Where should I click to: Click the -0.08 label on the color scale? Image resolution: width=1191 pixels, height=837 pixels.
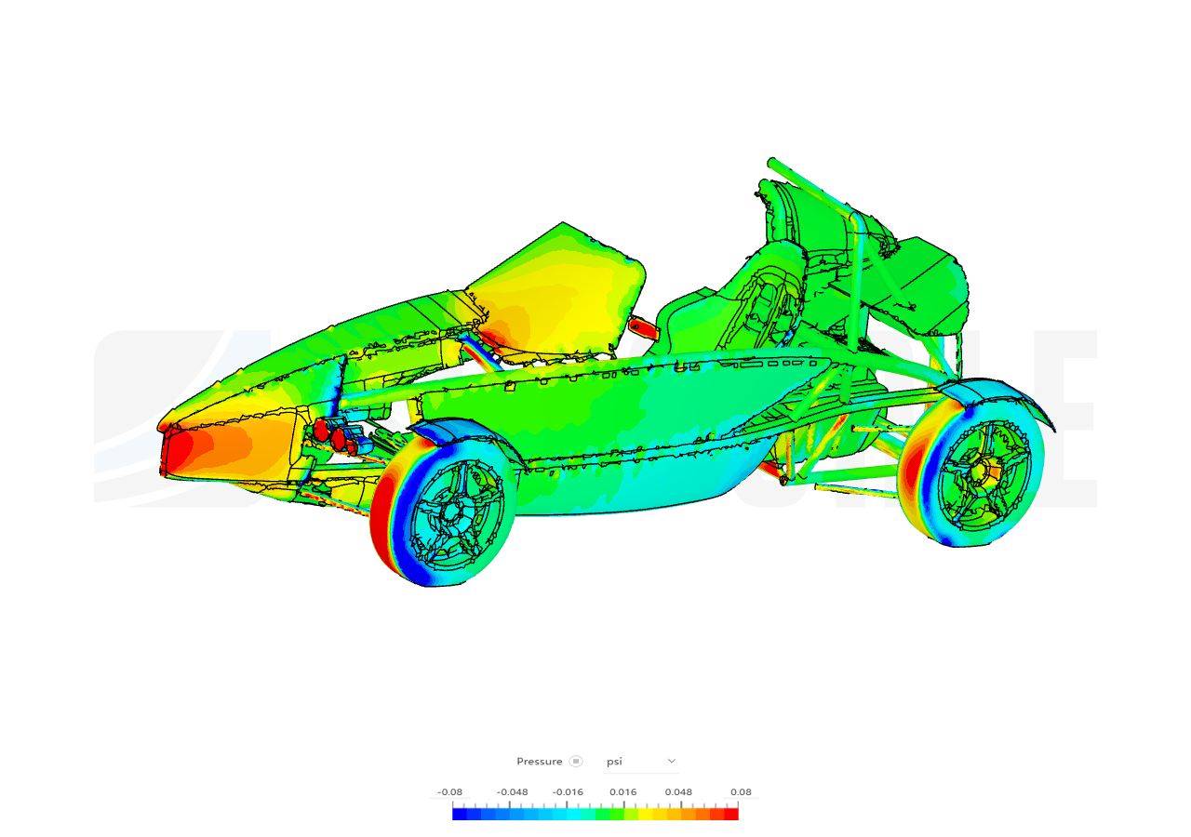pyautogui.click(x=449, y=791)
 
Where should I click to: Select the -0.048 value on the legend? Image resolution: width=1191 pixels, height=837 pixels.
pyautogui.click(x=512, y=791)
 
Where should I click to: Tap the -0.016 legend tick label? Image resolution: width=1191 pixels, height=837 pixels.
pyautogui.click(x=568, y=791)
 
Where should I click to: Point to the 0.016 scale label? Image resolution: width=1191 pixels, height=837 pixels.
pyautogui.click(x=623, y=791)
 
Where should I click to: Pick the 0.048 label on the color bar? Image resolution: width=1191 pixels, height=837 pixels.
pyautogui.click(x=678, y=791)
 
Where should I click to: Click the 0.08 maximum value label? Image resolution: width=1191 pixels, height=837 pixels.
pyautogui.click(x=741, y=791)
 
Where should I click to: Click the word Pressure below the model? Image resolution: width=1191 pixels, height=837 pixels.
pyautogui.click(x=539, y=761)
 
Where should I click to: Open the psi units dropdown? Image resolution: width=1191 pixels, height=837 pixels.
pyautogui.click(x=641, y=761)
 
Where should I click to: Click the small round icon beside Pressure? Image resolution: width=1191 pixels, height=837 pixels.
pyautogui.click(x=575, y=761)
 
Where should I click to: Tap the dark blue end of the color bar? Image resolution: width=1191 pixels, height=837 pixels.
pyautogui.click(x=460, y=814)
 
